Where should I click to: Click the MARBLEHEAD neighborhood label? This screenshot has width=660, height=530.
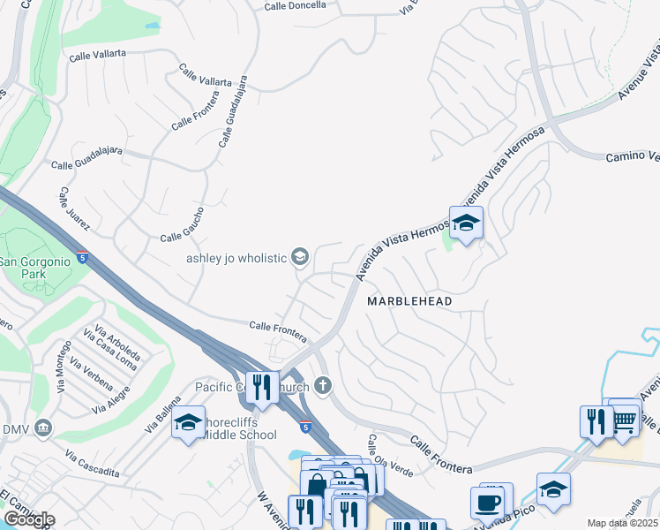[409, 301]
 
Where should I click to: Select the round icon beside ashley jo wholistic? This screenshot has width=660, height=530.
[299, 257]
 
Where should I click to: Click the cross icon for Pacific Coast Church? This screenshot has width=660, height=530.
[324, 385]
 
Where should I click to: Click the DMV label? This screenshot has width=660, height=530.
[15, 429]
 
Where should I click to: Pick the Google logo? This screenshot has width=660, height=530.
[29, 519]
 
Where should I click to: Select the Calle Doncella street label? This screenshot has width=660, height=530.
[296, 5]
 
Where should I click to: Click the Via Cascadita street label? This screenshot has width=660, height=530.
[92, 465]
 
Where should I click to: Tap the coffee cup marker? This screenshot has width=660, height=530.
[487, 503]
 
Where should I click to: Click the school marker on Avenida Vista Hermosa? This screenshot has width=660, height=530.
[466, 224]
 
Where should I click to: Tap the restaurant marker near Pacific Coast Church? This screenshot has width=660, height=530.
[261, 388]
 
